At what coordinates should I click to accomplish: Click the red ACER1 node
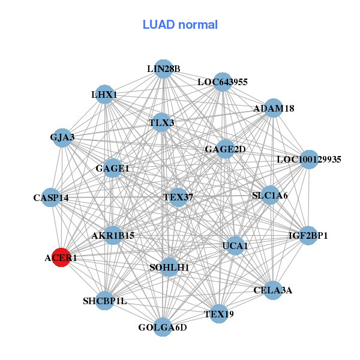click(61, 258)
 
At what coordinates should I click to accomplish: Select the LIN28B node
click(163, 69)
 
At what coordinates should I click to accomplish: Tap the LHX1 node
click(105, 94)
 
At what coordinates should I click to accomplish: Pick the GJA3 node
click(62, 137)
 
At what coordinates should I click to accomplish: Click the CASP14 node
click(51, 197)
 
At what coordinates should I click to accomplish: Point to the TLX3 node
click(161, 123)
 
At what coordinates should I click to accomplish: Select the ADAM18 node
click(274, 109)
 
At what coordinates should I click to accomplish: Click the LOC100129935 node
click(308, 160)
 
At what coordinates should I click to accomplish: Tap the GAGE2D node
click(225, 149)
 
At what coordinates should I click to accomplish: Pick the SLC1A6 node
click(270, 195)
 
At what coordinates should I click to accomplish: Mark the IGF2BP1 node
click(308, 235)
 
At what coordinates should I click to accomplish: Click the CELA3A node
click(272, 290)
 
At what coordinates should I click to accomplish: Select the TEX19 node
click(218, 314)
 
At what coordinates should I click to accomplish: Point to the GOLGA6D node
click(163, 327)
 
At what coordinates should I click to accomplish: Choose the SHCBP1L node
click(105, 301)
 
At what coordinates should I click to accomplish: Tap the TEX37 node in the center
click(178, 197)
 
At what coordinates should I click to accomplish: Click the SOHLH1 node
click(170, 267)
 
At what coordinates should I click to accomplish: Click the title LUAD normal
click(180, 25)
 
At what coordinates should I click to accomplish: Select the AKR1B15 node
click(113, 236)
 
